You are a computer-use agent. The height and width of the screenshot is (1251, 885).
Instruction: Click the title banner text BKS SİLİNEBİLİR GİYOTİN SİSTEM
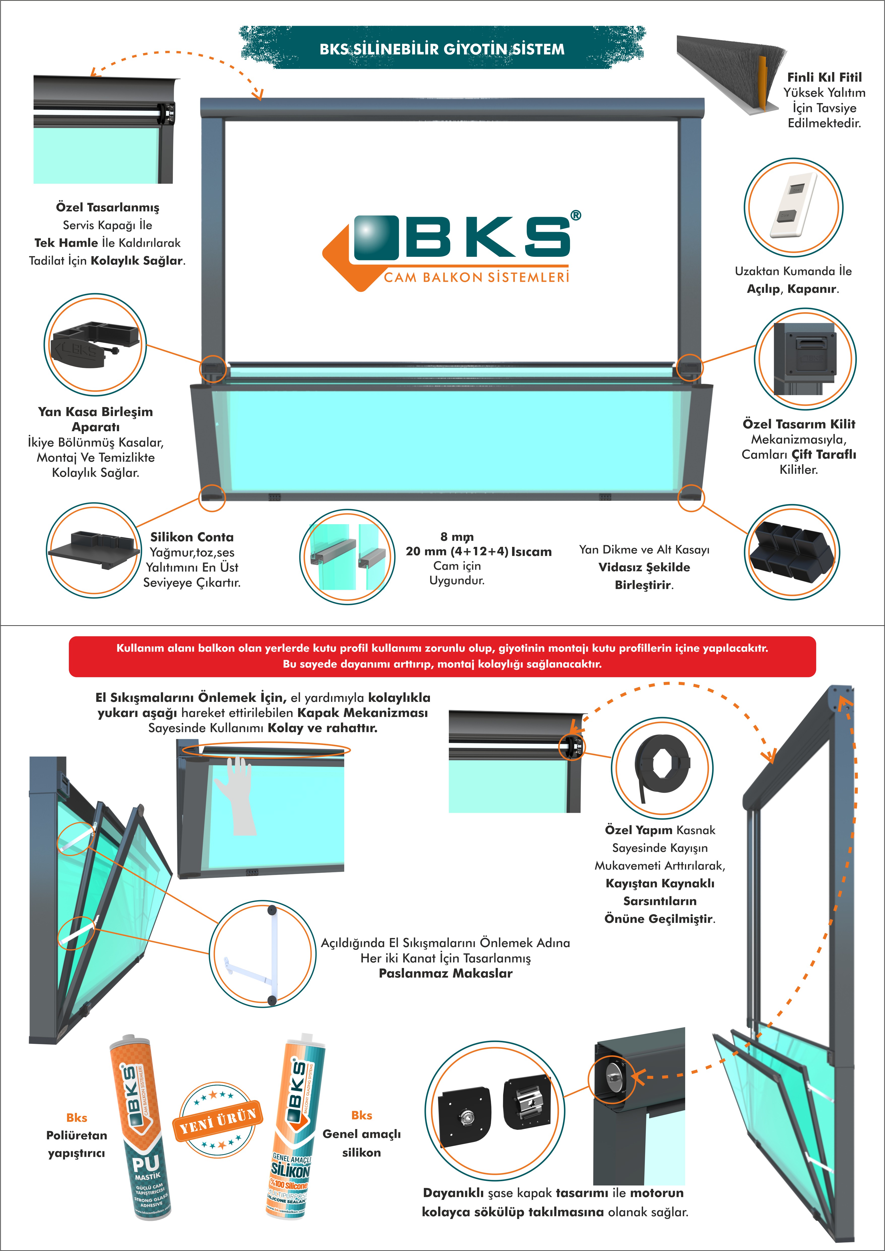tap(442, 49)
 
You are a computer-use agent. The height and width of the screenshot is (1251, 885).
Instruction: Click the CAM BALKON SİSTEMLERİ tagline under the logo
tap(476, 277)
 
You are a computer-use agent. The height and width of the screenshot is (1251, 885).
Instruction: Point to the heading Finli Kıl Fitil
tap(824, 77)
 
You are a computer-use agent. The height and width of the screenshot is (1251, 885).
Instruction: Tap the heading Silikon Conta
tap(192, 537)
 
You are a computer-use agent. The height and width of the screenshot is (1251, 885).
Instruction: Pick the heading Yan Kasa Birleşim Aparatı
tap(95, 419)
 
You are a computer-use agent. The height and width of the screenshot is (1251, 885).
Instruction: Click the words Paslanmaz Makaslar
tap(445, 974)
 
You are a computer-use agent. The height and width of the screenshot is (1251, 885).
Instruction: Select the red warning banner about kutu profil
tap(442, 656)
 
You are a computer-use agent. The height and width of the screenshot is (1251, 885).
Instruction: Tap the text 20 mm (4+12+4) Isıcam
tap(479, 551)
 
